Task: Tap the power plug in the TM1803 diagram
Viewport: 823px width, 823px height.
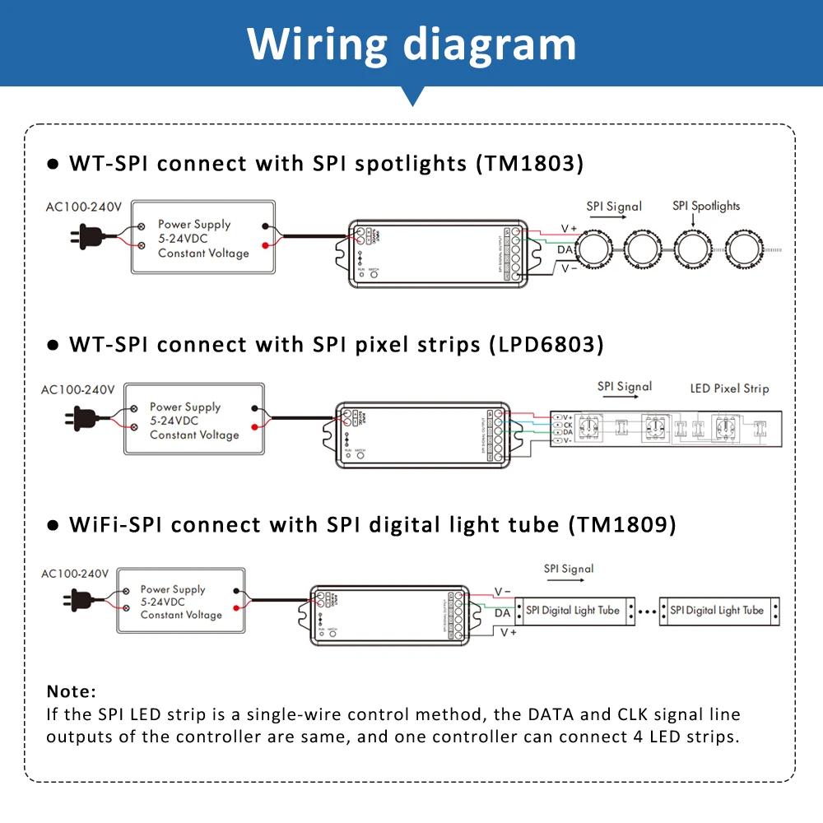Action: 88,236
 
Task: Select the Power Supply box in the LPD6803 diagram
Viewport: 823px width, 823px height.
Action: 194,420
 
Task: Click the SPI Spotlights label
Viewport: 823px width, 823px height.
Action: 705,206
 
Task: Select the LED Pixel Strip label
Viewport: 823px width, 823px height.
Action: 729,388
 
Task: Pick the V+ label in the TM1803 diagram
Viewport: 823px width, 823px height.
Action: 569,228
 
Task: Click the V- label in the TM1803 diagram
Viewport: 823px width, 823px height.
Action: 569,268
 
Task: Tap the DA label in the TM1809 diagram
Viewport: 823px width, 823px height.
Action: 502,612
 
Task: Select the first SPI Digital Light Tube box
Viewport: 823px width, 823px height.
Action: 578,611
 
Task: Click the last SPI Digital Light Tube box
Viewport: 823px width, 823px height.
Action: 718,611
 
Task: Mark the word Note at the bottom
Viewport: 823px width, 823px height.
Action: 71,690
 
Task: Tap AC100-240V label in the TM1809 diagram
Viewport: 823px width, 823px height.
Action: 75,573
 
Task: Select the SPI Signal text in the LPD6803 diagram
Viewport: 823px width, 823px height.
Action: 625,386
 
